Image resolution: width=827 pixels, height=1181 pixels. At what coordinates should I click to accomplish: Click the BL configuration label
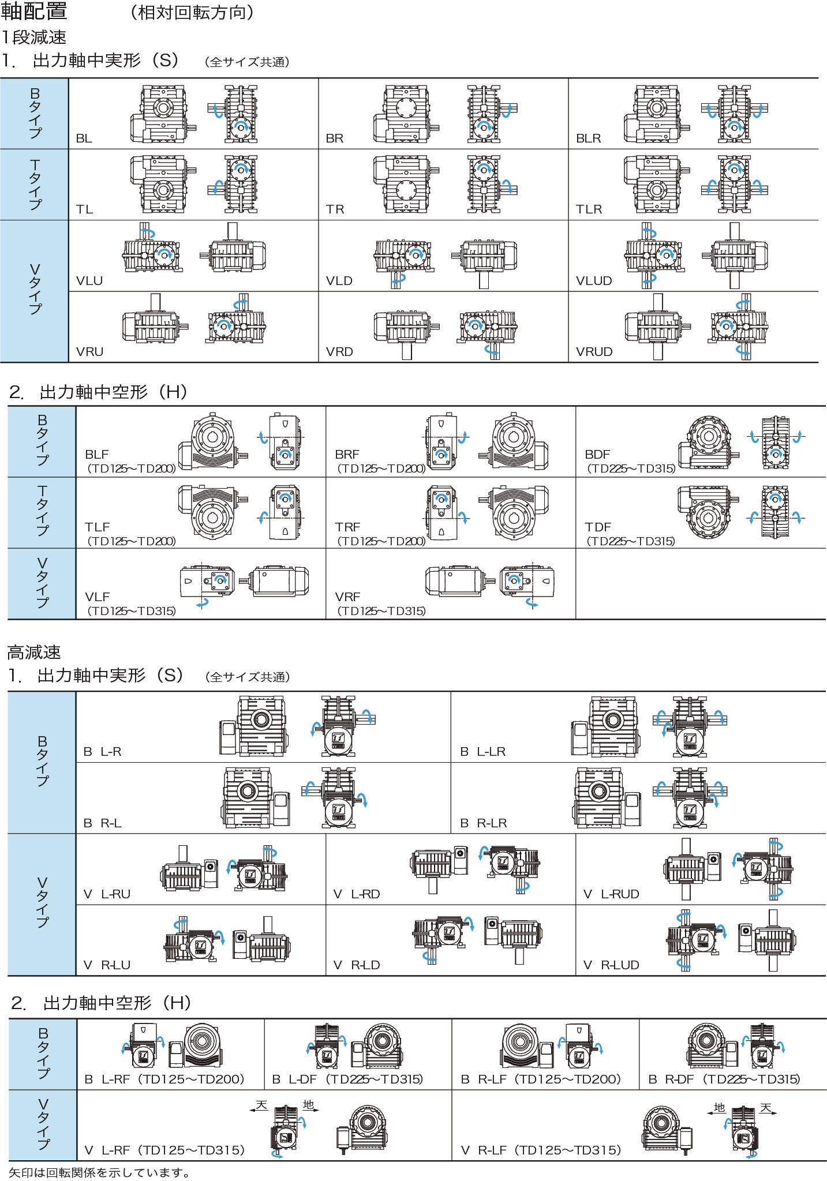(x=84, y=138)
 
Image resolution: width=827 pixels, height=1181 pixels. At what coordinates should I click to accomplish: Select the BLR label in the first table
(x=588, y=138)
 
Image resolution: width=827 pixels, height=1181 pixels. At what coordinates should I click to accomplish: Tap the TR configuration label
(x=335, y=209)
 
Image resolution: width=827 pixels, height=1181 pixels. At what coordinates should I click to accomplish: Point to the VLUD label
(x=593, y=281)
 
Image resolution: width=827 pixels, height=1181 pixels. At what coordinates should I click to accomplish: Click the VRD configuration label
(x=339, y=352)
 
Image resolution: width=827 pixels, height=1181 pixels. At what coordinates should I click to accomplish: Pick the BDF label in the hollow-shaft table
(x=597, y=455)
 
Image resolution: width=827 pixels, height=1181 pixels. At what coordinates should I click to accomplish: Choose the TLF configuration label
(x=97, y=527)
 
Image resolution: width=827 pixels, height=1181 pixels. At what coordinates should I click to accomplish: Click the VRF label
(x=347, y=597)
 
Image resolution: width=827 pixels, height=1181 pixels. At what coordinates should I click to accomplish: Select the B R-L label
(x=103, y=823)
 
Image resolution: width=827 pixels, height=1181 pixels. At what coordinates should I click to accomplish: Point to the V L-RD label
(x=357, y=894)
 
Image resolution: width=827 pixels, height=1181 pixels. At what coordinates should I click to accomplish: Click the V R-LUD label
(x=611, y=965)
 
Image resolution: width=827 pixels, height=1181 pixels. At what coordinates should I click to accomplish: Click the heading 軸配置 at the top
(x=35, y=12)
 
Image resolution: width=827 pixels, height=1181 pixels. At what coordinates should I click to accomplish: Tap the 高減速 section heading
(x=33, y=653)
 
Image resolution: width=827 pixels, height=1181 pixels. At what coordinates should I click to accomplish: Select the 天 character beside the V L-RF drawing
(x=262, y=1105)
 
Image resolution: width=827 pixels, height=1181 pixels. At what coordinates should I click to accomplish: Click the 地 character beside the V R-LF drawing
(x=719, y=1107)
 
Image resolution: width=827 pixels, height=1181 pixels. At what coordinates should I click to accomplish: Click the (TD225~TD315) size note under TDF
(x=631, y=541)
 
